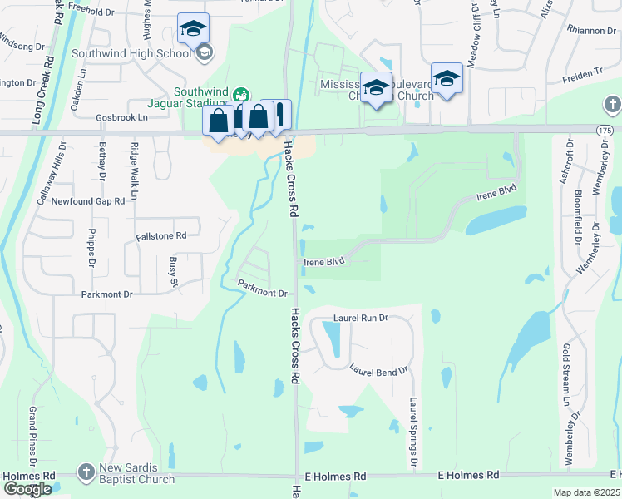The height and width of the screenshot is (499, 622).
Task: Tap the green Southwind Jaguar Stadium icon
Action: tap(241, 94)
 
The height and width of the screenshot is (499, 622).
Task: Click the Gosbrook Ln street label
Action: tap(121, 118)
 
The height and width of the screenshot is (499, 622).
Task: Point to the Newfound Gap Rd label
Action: tap(88, 201)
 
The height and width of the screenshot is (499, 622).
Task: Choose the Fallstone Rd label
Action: tap(161, 236)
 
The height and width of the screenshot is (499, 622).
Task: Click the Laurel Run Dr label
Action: tap(361, 318)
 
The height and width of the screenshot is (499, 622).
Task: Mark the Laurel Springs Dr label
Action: tap(412, 431)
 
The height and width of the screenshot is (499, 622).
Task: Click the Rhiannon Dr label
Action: tap(590, 31)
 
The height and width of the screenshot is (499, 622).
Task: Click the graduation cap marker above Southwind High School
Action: tap(193, 29)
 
